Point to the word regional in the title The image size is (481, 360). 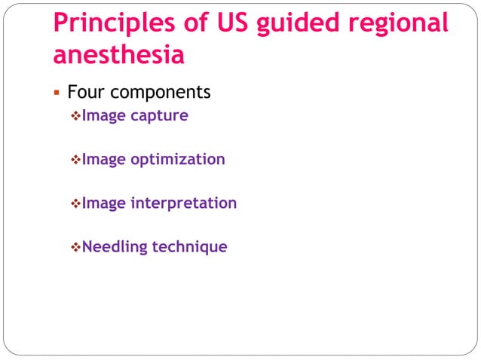click(400, 23)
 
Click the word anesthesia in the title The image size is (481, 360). click(118, 55)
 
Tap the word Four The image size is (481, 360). click(85, 93)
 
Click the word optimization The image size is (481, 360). click(178, 160)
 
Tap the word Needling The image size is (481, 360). click(114, 248)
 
